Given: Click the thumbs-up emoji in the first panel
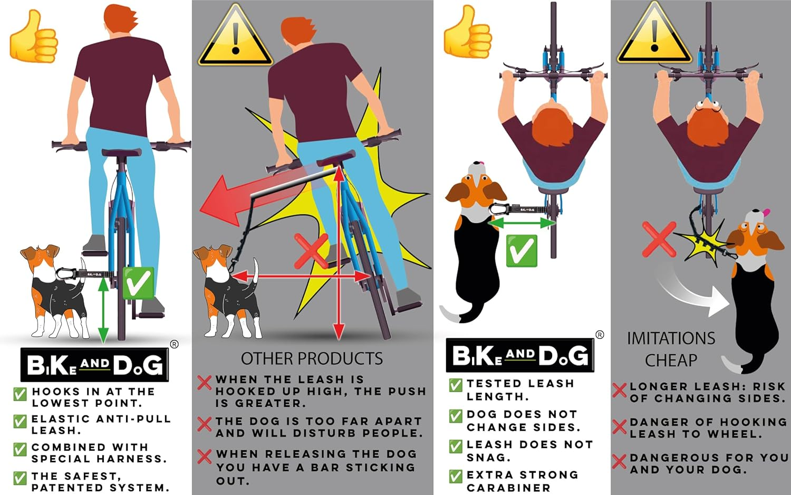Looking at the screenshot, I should click(33, 37).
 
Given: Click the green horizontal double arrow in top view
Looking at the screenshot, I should click(522, 224).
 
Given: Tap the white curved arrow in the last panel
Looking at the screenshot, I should click(691, 293).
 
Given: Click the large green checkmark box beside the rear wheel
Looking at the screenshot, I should click(138, 283).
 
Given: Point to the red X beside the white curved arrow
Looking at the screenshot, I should click(659, 239).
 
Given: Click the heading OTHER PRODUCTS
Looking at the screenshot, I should click(312, 359).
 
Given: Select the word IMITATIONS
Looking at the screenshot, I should click(671, 338).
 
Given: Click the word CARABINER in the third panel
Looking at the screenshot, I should click(508, 488).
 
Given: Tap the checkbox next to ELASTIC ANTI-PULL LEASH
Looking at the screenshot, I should click(20, 422).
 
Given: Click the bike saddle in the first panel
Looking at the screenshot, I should click(121, 153).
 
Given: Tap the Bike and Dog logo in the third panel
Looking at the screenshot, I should click(520, 355).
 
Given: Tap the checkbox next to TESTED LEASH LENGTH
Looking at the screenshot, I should click(456, 385).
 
